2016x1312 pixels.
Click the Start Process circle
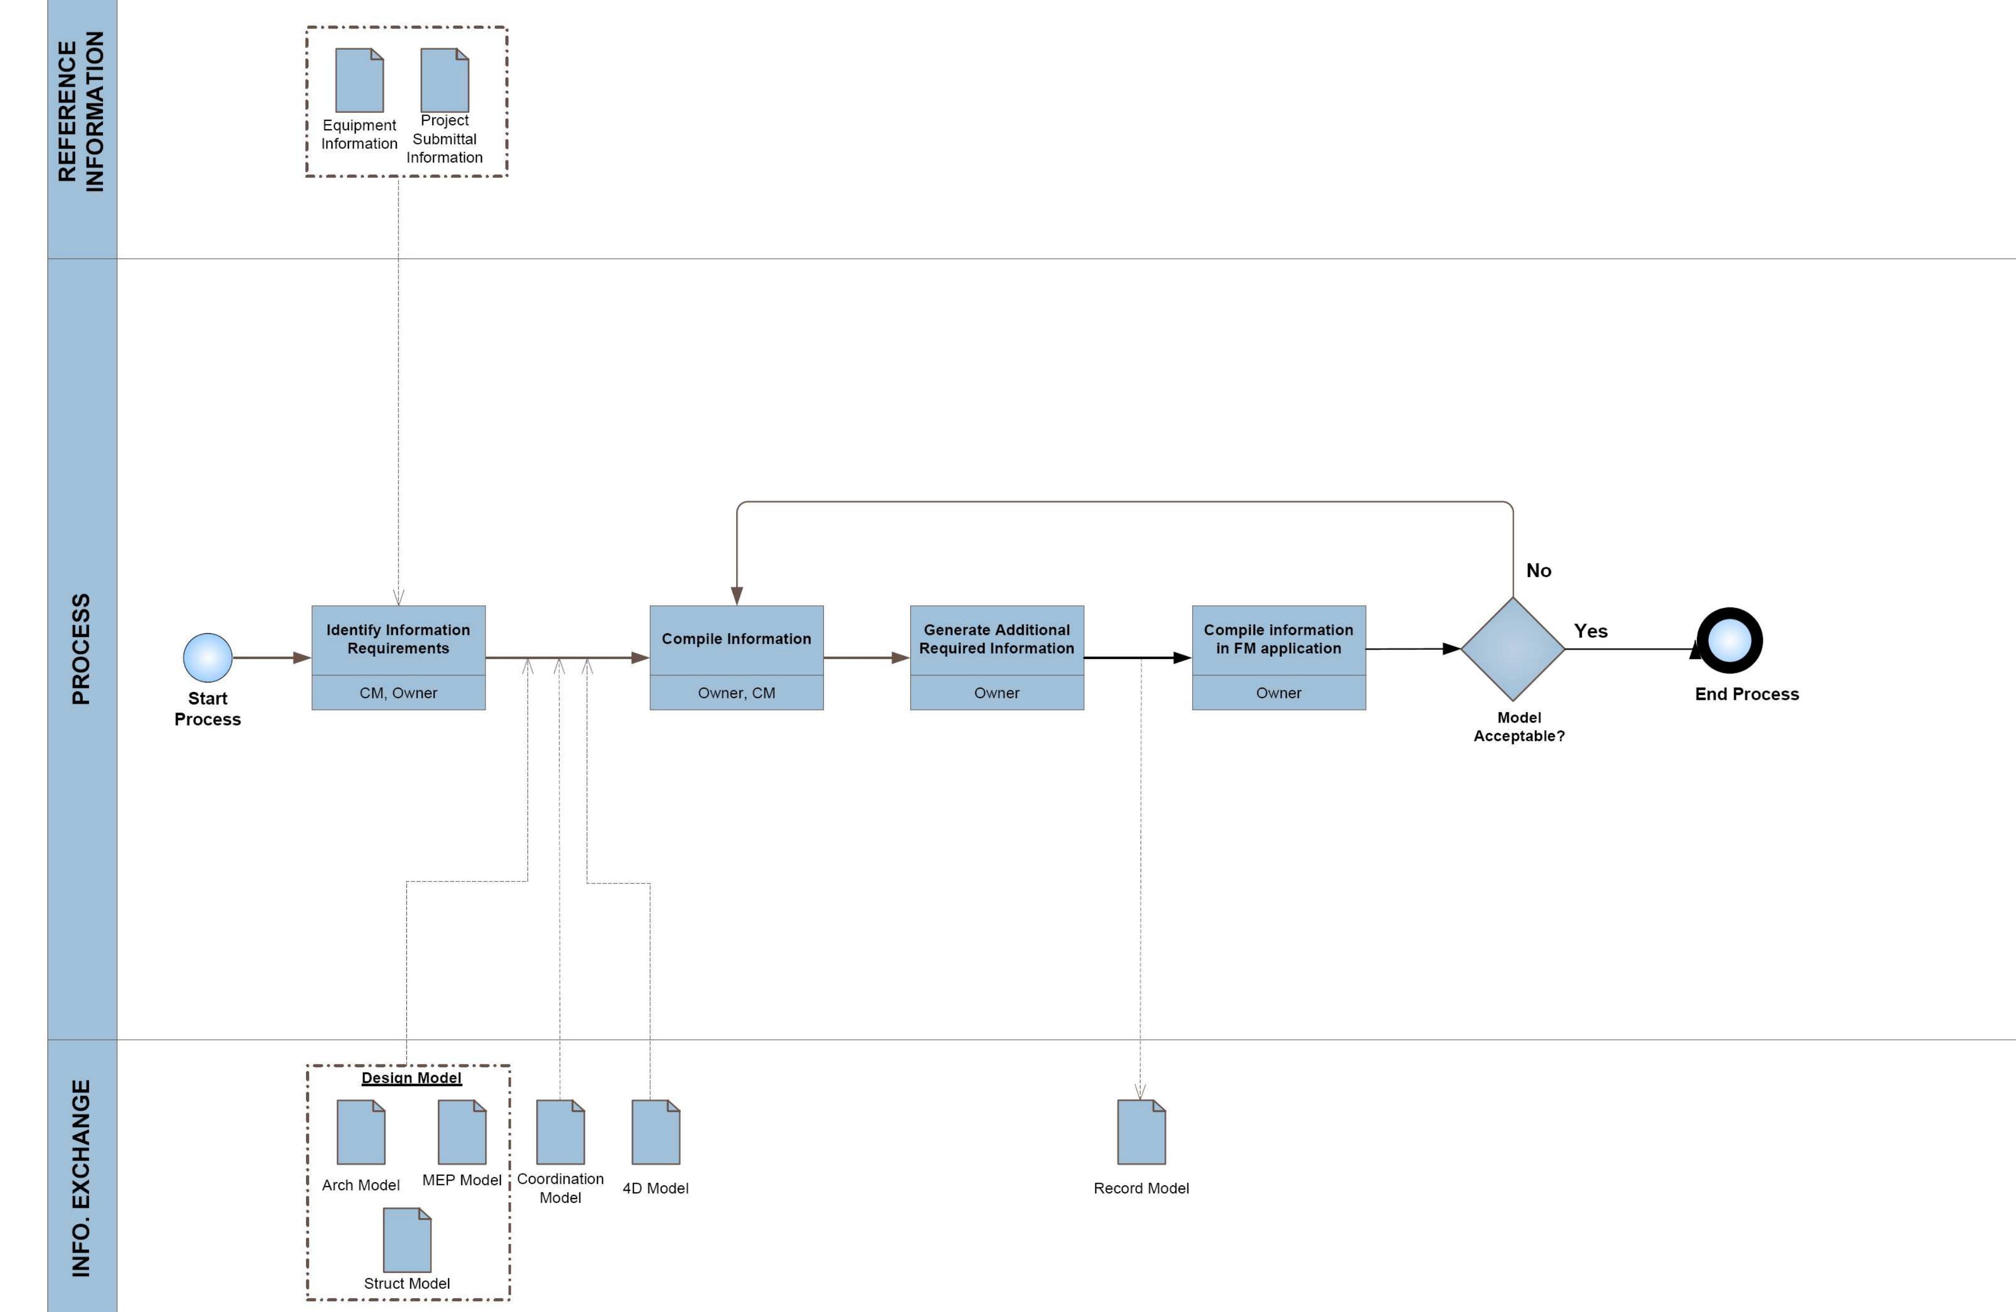point(207,657)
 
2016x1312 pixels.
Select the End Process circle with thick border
point(1729,640)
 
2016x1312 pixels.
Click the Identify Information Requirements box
point(398,640)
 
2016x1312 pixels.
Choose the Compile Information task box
point(736,640)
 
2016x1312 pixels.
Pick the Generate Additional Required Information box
point(996,640)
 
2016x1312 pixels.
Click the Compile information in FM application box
point(1278,640)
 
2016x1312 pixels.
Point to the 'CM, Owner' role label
point(398,693)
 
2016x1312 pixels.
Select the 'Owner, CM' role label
point(736,693)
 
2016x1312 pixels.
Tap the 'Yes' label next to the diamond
point(1590,631)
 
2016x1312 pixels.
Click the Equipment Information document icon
point(359,80)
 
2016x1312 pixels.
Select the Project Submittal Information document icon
point(445,80)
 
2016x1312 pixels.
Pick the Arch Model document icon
point(361,1133)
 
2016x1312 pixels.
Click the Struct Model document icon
point(406,1240)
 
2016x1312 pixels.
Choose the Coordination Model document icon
point(560,1133)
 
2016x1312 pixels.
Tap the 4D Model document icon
point(655,1133)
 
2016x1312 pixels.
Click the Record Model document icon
point(1141,1133)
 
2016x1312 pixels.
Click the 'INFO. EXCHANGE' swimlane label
point(80,1177)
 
